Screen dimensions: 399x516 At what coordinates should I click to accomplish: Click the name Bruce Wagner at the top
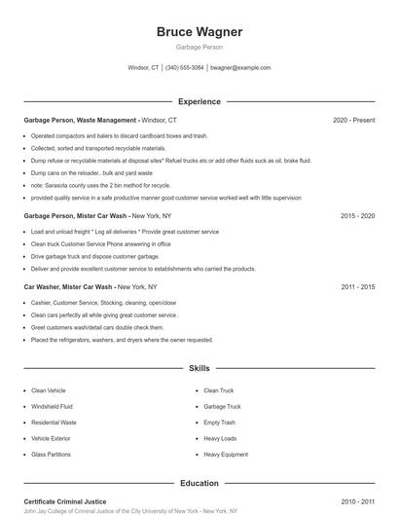pyautogui.click(x=199, y=32)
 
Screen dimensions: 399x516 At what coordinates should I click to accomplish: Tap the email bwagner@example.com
pyautogui.click(x=240, y=68)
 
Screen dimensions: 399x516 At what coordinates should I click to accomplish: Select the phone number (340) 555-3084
pyautogui.click(x=185, y=68)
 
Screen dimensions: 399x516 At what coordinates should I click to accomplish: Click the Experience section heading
pyautogui.click(x=199, y=101)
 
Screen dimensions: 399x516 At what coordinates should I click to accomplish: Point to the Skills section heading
pyautogui.click(x=199, y=369)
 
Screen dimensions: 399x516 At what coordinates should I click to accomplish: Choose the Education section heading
pyautogui.click(x=199, y=483)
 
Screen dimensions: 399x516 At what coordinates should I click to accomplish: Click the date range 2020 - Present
pyautogui.click(x=353, y=120)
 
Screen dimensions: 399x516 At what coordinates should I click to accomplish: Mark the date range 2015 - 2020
pyautogui.click(x=357, y=215)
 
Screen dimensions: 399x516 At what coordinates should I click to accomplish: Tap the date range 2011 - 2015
pyautogui.click(x=357, y=287)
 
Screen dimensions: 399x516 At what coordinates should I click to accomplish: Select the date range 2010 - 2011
pyautogui.click(x=357, y=501)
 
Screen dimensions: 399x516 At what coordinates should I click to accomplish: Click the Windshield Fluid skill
pyautogui.click(x=53, y=406)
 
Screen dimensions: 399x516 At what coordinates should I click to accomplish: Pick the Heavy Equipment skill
pyautogui.click(x=226, y=454)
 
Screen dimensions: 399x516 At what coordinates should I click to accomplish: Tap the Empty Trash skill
pyautogui.click(x=220, y=423)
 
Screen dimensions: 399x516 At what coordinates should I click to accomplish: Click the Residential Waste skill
pyautogui.click(x=54, y=423)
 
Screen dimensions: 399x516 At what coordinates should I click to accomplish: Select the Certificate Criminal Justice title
pyautogui.click(x=64, y=501)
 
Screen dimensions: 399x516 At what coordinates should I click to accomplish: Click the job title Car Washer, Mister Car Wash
pyautogui.click(x=68, y=287)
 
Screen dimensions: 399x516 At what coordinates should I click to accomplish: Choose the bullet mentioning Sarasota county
pyautogui.click(x=100, y=185)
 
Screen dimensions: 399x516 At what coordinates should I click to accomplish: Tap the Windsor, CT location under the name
pyautogui.click(x=143, y=68)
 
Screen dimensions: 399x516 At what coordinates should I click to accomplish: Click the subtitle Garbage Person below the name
pyautogui.click(x=199, y=47)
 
